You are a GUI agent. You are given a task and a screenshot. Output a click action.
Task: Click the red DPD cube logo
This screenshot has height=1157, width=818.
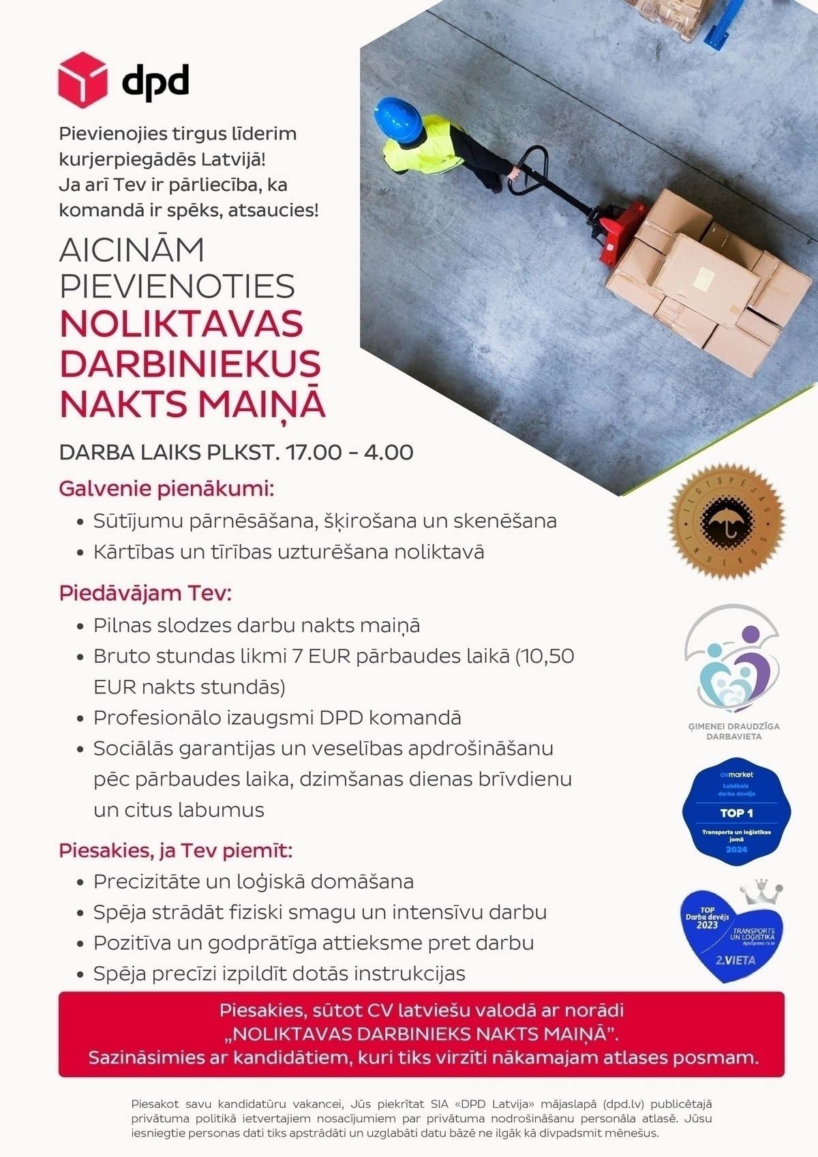point(82,80)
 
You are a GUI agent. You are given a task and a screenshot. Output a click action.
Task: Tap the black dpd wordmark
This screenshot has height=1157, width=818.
point(155,82)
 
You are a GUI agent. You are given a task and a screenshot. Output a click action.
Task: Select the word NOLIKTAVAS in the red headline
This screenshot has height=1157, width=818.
point(181,324)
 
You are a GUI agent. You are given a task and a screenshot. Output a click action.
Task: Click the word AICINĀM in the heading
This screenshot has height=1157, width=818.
point(132,250)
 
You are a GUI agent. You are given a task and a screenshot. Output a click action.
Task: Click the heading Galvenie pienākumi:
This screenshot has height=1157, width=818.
point(166,489)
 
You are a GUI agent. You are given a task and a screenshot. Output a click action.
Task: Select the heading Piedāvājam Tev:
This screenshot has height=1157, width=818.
point(145,592)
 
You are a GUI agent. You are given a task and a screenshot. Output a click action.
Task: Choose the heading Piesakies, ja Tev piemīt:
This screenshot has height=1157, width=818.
point(175,850)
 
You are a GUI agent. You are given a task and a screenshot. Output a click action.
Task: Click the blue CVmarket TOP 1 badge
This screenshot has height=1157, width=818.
point(737,815)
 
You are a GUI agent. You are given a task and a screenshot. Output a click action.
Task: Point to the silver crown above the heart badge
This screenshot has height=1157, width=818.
point(761,892)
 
